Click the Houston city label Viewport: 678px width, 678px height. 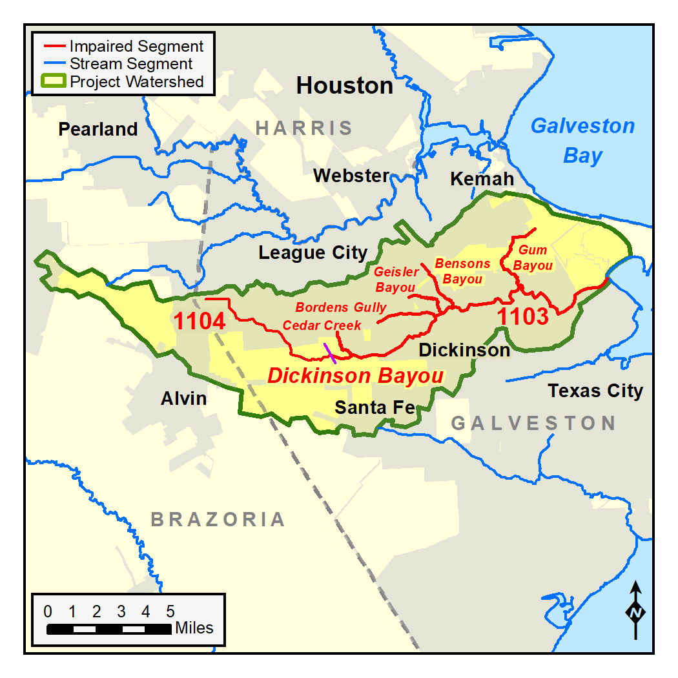[344, 86]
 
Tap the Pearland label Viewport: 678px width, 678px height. [98, 129]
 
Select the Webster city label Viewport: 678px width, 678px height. [351, 176]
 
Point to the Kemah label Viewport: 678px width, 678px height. [482, 179]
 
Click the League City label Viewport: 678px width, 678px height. [313, 253]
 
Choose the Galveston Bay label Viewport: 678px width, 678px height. [582, 141]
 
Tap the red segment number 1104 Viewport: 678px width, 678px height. [199, 321]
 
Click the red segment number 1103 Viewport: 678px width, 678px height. [522, 316]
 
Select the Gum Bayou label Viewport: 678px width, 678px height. [533, 258]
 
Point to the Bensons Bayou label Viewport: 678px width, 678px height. [462, 271]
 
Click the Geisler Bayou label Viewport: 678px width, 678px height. [396, 280]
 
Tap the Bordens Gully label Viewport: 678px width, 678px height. [340, 307]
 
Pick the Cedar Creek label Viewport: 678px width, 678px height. [322, 325]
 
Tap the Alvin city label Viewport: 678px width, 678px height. [184, 398]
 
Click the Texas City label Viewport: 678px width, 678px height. [595, 391]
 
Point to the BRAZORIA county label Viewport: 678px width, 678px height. [218, 519]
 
